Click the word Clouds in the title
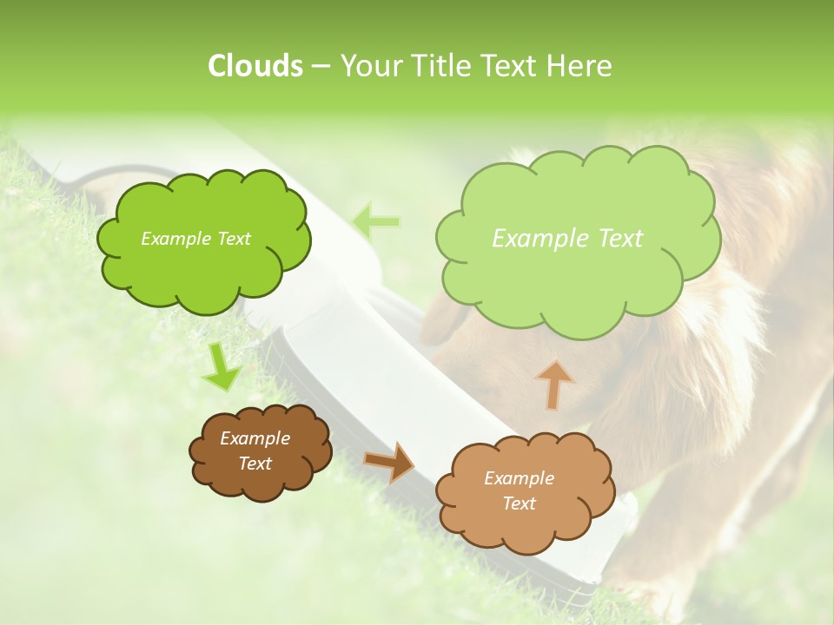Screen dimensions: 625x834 [255, 66]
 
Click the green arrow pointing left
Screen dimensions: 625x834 [376, 221]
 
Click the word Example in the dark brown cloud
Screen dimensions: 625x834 [255, 438]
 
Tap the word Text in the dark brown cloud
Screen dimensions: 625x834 [255, 464]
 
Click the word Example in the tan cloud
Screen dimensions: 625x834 [519, 478]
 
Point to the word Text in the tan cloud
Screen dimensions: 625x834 [519, 503]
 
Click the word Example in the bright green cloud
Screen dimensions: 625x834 [175, 239]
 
